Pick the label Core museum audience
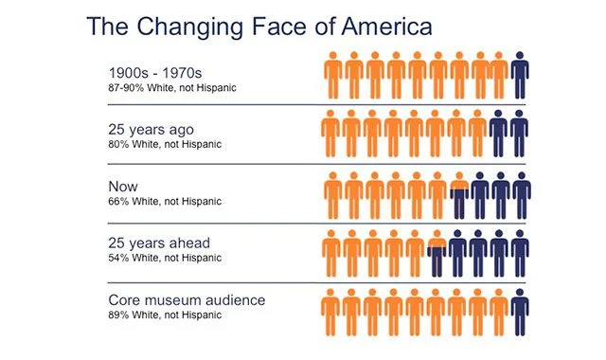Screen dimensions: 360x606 pos(186,300)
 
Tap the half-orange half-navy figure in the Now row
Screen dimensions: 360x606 pos(459,195)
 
